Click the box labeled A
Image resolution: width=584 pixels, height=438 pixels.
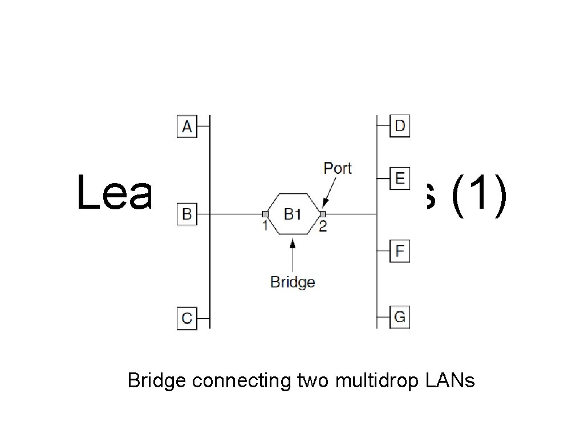(186, 127)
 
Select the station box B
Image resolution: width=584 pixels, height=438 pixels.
(186, 215)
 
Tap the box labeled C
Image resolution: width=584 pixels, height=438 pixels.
(186, 318)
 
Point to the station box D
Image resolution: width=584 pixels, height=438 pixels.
(400, 125)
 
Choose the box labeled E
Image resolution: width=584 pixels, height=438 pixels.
(400, 179)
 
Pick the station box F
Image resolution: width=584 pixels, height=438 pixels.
(400, 251)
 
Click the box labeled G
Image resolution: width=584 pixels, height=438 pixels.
(400, 317)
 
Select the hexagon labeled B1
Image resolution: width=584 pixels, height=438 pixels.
(293, 214)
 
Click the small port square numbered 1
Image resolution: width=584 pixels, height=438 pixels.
(265, 214)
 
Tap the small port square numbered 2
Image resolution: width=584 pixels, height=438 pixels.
(322, 214)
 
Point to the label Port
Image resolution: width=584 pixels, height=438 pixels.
(338, 168)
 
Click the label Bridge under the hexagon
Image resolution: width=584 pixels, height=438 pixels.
(293, 282)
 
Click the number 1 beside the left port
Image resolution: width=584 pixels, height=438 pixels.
(265, 226)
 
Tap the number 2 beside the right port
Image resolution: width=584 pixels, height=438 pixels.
(323, 227)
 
